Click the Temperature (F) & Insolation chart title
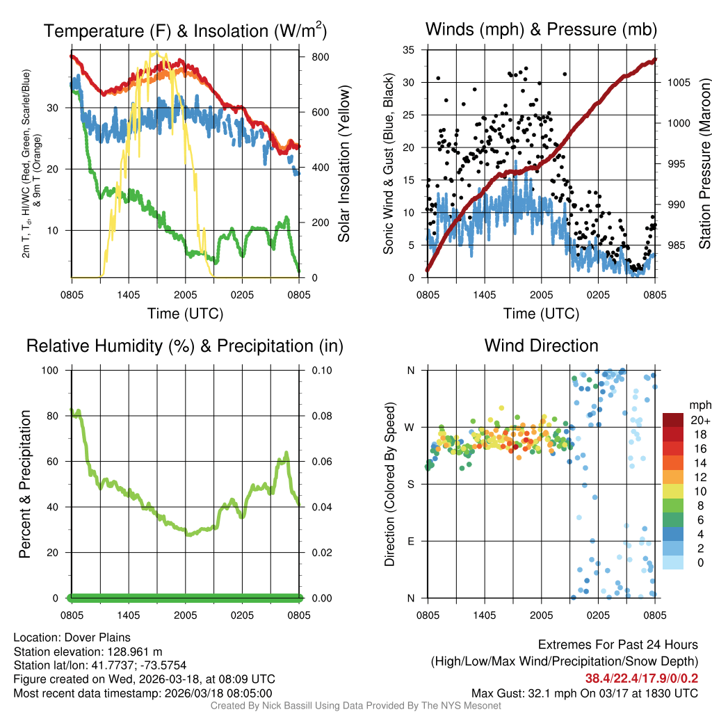185,31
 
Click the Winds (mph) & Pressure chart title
541,29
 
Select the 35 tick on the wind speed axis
409,50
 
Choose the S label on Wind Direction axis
411,484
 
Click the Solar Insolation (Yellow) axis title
344,164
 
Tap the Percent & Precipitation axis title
25,484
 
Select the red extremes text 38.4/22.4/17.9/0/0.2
640,679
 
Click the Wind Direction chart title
541,346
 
